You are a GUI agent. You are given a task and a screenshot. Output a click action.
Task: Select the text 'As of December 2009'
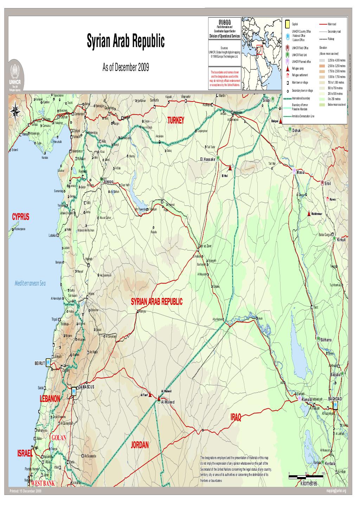click(126, 67)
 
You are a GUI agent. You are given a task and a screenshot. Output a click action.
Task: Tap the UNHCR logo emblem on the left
click(15, 72)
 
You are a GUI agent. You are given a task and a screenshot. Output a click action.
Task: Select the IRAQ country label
click(236, 417)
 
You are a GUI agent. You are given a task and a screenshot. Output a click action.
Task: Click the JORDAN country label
click(140, 445)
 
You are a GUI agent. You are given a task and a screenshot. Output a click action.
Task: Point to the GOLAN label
click(59, 438)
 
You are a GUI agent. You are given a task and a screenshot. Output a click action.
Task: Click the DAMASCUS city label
click(86, 387)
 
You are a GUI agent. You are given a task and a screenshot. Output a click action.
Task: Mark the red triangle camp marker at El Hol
click(230, 168)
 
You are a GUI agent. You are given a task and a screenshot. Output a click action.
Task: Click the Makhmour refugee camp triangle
click(308, 214)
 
